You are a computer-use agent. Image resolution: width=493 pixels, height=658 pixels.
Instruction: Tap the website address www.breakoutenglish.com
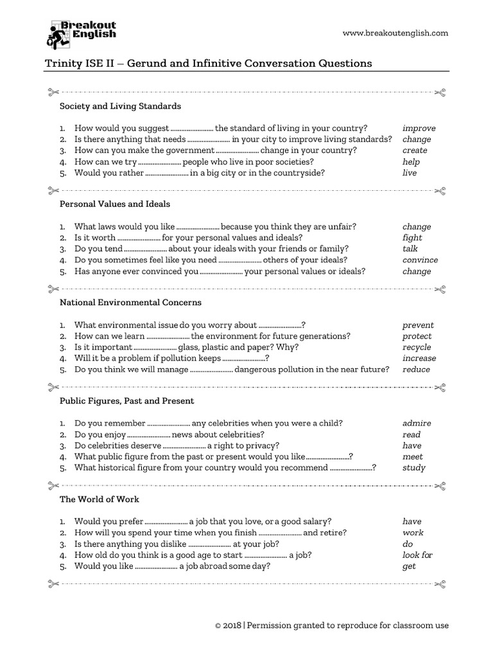395,33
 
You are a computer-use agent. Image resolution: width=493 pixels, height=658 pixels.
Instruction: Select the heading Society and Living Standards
120,105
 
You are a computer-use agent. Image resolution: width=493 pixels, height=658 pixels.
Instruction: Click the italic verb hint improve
419,128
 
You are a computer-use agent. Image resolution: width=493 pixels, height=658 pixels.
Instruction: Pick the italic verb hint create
415,150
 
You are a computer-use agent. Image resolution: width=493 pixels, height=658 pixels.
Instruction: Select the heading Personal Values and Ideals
115,204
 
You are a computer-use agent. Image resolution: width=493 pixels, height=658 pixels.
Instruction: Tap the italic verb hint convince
420,260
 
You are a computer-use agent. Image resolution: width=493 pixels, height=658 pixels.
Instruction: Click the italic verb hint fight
412,238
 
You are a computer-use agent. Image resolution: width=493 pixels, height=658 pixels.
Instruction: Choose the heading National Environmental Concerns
130,302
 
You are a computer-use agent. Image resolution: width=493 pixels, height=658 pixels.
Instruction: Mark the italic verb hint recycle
417,347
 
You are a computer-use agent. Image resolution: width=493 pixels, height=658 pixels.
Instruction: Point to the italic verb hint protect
417,336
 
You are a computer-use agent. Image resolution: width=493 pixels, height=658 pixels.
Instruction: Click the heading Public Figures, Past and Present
126,400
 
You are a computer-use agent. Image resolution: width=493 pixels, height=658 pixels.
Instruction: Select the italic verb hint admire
417,423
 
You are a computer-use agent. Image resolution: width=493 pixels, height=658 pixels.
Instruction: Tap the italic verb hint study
413,468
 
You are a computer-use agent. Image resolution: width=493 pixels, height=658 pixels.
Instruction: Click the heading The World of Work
99,499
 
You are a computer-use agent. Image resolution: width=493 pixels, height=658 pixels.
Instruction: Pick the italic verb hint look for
417,555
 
